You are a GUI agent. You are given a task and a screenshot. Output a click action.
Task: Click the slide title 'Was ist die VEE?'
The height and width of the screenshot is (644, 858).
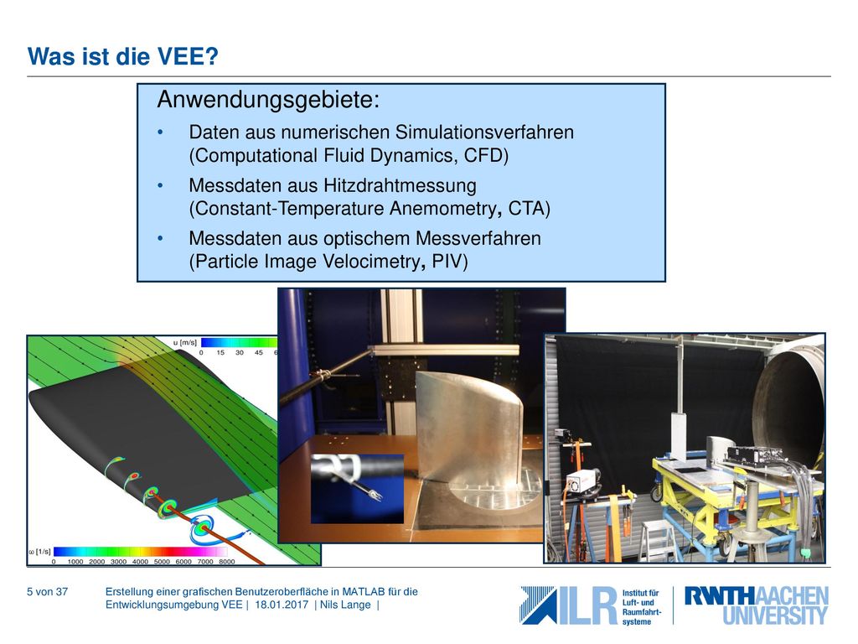pyautogui.click(x=123, y=56)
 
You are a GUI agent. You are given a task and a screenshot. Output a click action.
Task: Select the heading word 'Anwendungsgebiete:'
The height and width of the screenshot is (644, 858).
pyautogui.click(x=268, y=101)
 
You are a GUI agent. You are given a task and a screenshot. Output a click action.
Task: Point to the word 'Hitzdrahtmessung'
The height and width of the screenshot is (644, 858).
pyautogui.click(x=400, y=185)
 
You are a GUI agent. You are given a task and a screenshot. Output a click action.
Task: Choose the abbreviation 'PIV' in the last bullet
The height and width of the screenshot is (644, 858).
pyautogui.click(x=447, y=262)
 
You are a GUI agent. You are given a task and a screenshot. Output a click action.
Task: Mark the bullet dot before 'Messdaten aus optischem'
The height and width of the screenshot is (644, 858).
pyautogui.click(x=160, y=238)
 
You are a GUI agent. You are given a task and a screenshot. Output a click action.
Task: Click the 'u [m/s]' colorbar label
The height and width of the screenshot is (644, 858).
pyautogui.click(x=185, y=343)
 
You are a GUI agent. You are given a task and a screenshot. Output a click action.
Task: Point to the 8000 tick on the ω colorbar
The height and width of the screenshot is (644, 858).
pyautogui.click(x=226, y=561)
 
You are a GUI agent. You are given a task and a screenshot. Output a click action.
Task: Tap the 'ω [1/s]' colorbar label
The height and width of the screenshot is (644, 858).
pyautogui.click(x=39, y=552)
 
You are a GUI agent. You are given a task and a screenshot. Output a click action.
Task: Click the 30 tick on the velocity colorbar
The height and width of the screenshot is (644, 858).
pyautogui.click(x=239, y=353)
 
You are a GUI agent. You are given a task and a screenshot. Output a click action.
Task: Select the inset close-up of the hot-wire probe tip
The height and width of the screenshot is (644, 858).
pyautogui.click(x=357, y=488)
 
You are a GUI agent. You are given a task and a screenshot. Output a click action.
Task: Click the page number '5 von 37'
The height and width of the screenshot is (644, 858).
pyautogui.click(x=48, y=592)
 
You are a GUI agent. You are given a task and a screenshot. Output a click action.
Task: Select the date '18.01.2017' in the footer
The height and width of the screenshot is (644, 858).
pyautogui.click(x=282, y=605)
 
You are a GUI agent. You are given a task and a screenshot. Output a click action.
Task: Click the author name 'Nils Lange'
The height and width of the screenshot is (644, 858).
pyautogui.click(x=345, y=605)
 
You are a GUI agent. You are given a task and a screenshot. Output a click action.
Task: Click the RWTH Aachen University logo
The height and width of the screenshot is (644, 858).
pyautogui.click(x=757, y=605)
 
